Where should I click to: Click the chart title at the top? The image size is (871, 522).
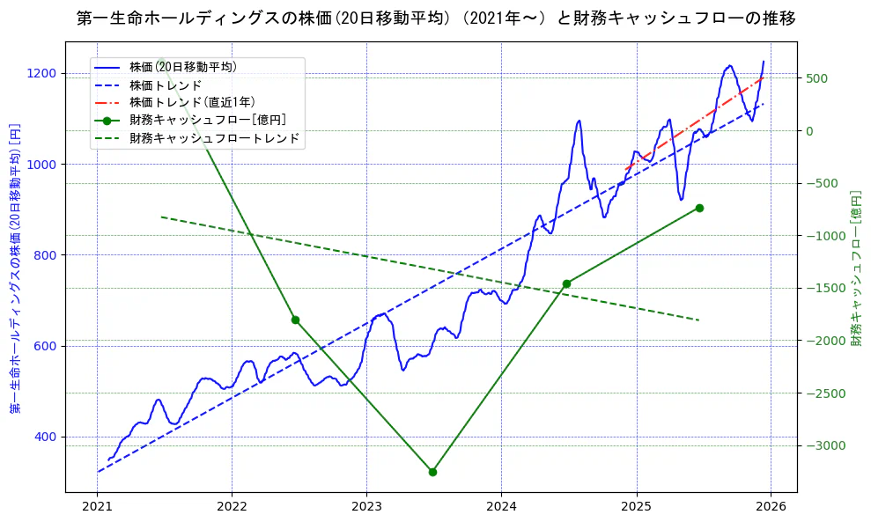tap(436, 18)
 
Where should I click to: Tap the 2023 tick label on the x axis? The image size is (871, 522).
tap(366, 508)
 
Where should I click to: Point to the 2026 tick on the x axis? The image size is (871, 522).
tap(771, 508)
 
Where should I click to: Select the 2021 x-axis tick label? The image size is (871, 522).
tap(97, 508)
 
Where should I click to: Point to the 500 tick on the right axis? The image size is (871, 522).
tap(816, 78)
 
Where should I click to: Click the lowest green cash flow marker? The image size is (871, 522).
tap(432, 472)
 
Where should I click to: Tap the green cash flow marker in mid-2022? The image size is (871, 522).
tap(295, 320)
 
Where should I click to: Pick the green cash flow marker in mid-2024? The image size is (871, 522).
tap(566, 283)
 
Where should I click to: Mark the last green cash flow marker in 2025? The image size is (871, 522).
tap(699, 208)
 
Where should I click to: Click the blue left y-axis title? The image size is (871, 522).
tap(15, 268)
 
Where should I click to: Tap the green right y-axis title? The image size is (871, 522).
tap(856, 268)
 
